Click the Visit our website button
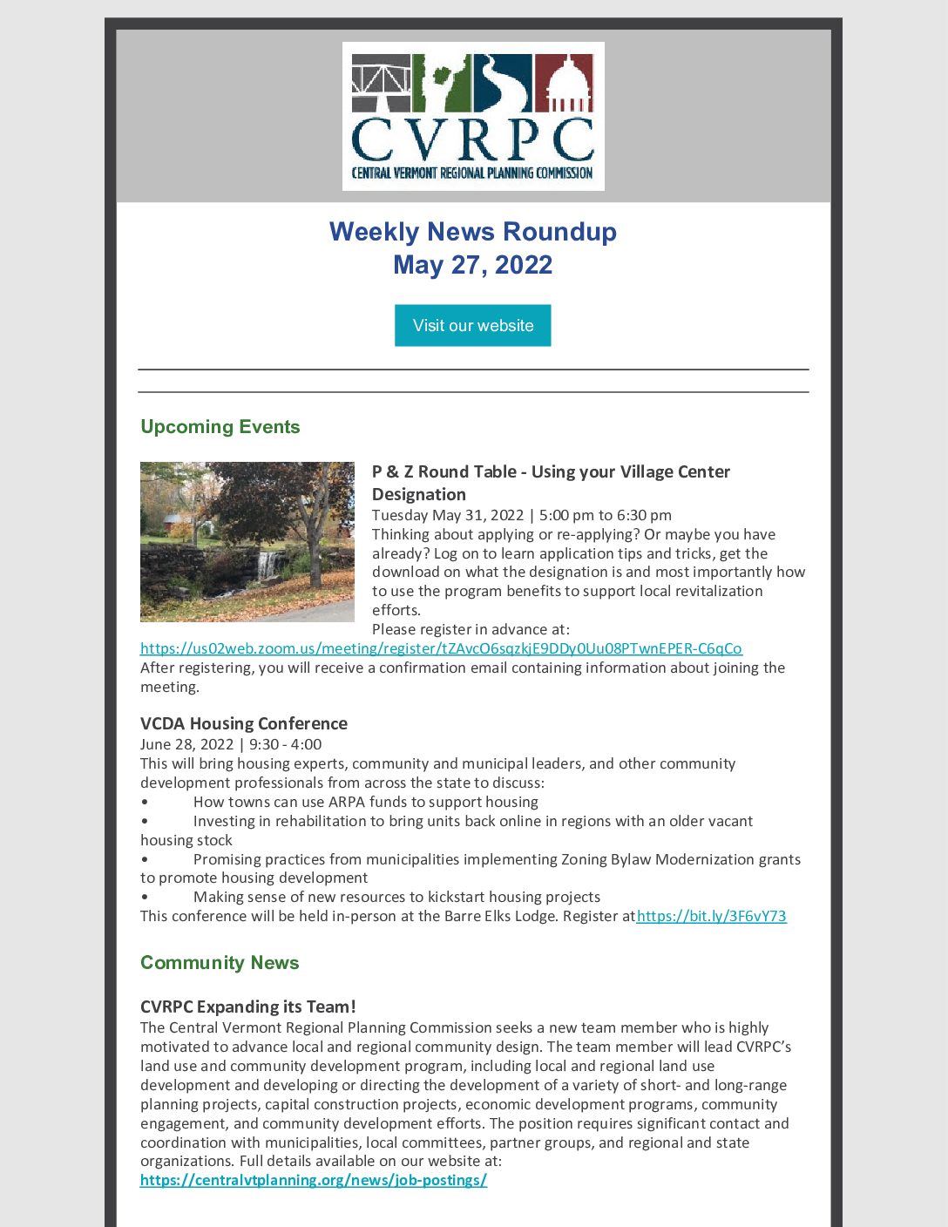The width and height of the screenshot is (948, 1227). [x=472, y=325]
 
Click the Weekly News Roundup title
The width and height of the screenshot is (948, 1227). [x=472, y=232]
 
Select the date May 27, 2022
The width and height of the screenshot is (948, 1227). [x=472, y=265]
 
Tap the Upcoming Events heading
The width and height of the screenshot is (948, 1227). [x=220, y=427]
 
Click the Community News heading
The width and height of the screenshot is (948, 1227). [x=220, y=963]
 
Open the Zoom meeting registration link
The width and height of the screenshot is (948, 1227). [x=441, y=648]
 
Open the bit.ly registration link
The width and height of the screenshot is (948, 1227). [x=712, y=916]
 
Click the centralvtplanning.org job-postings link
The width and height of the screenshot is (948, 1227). [x=314, y=1181]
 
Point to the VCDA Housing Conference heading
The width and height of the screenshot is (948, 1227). [x=244, y=723]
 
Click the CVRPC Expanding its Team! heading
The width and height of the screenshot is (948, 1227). [x=248, y=1007]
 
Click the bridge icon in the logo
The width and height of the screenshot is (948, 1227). [x=381, y=83]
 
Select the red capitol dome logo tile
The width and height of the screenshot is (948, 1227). [x=564, y=83]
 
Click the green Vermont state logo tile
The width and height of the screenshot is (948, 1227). [x=442, y=83]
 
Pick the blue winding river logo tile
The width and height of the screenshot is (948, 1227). [x=503, y=83]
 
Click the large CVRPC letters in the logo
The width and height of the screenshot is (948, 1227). [x=472, y=139]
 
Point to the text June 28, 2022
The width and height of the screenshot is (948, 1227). [x=186, y=744]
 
